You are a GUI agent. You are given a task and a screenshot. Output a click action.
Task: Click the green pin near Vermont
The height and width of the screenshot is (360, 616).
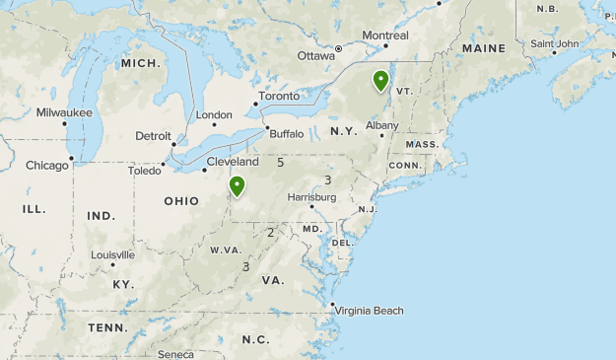point(379,80)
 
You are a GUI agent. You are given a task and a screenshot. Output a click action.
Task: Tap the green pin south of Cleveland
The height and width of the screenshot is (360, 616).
point(237,184)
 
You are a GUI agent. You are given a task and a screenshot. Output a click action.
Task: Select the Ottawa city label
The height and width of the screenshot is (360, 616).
point(316,55)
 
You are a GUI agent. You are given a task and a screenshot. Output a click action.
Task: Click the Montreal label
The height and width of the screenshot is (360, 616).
point(384,36)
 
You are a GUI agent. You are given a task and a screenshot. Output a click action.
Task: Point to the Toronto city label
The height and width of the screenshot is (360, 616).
point(279,97)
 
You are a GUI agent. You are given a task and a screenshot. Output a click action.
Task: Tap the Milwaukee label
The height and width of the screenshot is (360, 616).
point(64,112)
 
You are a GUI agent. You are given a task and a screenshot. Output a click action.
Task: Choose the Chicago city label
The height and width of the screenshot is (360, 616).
point(47,165)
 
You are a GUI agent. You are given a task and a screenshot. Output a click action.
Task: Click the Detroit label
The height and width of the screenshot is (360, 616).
point(154,136)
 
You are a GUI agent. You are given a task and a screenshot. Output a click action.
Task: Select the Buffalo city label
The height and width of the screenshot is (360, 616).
point(287,133)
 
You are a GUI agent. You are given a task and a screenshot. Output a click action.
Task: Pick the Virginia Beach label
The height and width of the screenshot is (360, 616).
point(369,311)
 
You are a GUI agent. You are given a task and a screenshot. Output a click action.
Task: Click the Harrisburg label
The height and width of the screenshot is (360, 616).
point(311,197)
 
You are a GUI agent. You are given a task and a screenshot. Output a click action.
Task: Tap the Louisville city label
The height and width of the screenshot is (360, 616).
point(112,254)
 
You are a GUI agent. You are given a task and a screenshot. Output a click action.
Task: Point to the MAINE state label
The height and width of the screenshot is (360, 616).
point(483,48)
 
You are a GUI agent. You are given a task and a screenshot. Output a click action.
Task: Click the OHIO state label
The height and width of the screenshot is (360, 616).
point(181,201)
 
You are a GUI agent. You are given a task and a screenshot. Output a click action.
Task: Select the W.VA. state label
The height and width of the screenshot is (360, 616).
point(226,250)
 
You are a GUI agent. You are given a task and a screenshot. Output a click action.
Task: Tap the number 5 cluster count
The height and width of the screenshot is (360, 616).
point(281,162)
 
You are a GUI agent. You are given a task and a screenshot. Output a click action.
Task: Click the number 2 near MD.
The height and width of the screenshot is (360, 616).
point(270,233)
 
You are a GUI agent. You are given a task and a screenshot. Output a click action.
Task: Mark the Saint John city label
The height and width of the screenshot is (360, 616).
point(554,43)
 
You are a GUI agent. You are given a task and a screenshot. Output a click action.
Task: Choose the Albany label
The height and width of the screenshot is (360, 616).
point(381,125)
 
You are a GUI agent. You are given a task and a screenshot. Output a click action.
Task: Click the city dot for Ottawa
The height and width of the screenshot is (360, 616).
point(338,48)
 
